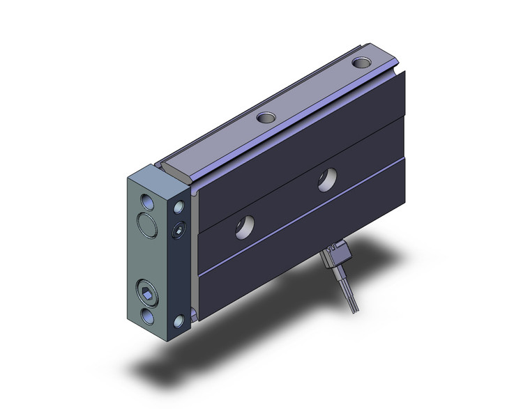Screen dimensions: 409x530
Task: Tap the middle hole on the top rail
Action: pos(266,119)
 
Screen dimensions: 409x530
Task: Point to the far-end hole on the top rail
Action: pos(361,63)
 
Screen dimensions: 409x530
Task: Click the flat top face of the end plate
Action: pos(158,175)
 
